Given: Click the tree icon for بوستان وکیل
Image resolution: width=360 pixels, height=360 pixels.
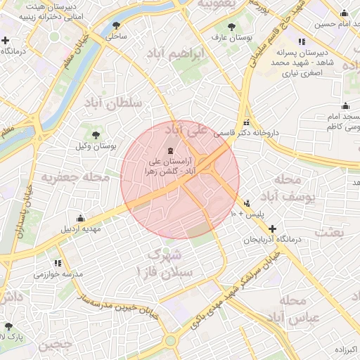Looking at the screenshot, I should (x=96, y=134).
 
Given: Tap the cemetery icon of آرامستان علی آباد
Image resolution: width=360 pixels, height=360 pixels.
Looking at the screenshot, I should (x=169, y=151).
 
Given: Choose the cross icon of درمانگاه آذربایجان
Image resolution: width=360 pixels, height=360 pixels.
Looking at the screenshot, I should (x=273, y=229).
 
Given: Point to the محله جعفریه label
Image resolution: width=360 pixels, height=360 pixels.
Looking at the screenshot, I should (x=76, y=177).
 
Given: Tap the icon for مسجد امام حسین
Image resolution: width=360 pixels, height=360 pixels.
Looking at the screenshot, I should (x=344, y=13).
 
